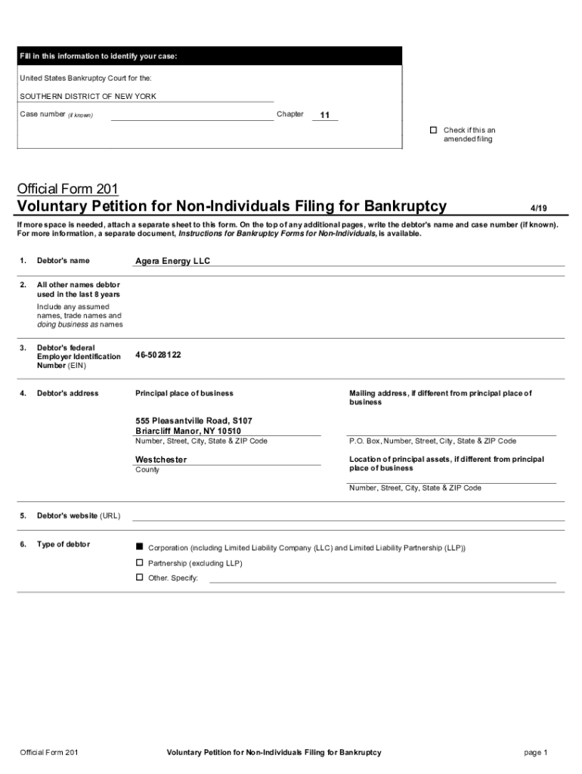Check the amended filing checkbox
tap(434, 130)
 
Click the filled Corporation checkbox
tap(139, 546)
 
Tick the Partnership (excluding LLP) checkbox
tap(139, 563)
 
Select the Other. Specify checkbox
tap(139, 577)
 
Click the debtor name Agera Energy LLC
tap(172, 261)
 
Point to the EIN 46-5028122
tap(158, 354)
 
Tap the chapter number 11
tap(324, 116)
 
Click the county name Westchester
tap(161, 460)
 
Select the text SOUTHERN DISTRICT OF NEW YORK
tap(88, 97)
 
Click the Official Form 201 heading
tap(67, 188)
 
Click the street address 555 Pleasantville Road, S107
tap(193, 420)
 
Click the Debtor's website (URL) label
tap(79, 515)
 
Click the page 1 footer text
tap(534, 752)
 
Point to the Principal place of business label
tap(184, 393)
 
